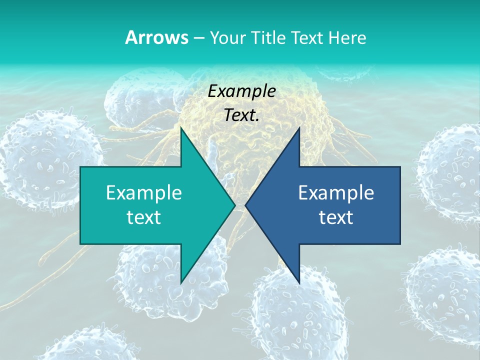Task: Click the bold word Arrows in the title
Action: click(157, 37)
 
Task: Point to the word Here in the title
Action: click(347, 38)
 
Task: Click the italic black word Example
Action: click(242, 91)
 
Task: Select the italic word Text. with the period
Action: click(242, 115)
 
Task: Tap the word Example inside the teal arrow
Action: click(144, 192)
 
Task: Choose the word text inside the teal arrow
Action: click(144, 217)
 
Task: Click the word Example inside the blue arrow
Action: click(336, 192)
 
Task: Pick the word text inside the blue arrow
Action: click(336, 217)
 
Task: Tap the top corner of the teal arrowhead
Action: click(181, 129)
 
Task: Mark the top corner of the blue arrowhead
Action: click(298, 129)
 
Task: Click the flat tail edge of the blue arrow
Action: click(399, 205)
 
